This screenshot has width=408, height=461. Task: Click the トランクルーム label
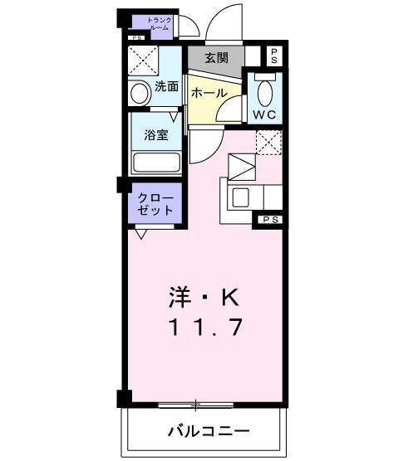[x=158, y=23]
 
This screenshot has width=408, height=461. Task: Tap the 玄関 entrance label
[x=216, y=58]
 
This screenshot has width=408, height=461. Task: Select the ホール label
[x=209, y=94]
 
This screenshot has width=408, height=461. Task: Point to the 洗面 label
[x=166, y=86]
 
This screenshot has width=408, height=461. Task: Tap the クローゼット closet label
[x=155, y=203]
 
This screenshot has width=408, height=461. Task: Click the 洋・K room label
[x=204, y=295]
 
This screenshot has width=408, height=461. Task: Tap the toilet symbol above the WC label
[x=266, y=90]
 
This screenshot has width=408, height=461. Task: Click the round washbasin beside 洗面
[x=140, y=95]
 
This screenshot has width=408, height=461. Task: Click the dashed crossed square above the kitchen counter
[x=268, y=143]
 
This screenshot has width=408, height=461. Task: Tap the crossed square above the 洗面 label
[x=142, y=61]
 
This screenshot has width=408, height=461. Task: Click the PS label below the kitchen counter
[x=268, y=220]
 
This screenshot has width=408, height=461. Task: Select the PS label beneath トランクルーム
[x=135, y=37]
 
